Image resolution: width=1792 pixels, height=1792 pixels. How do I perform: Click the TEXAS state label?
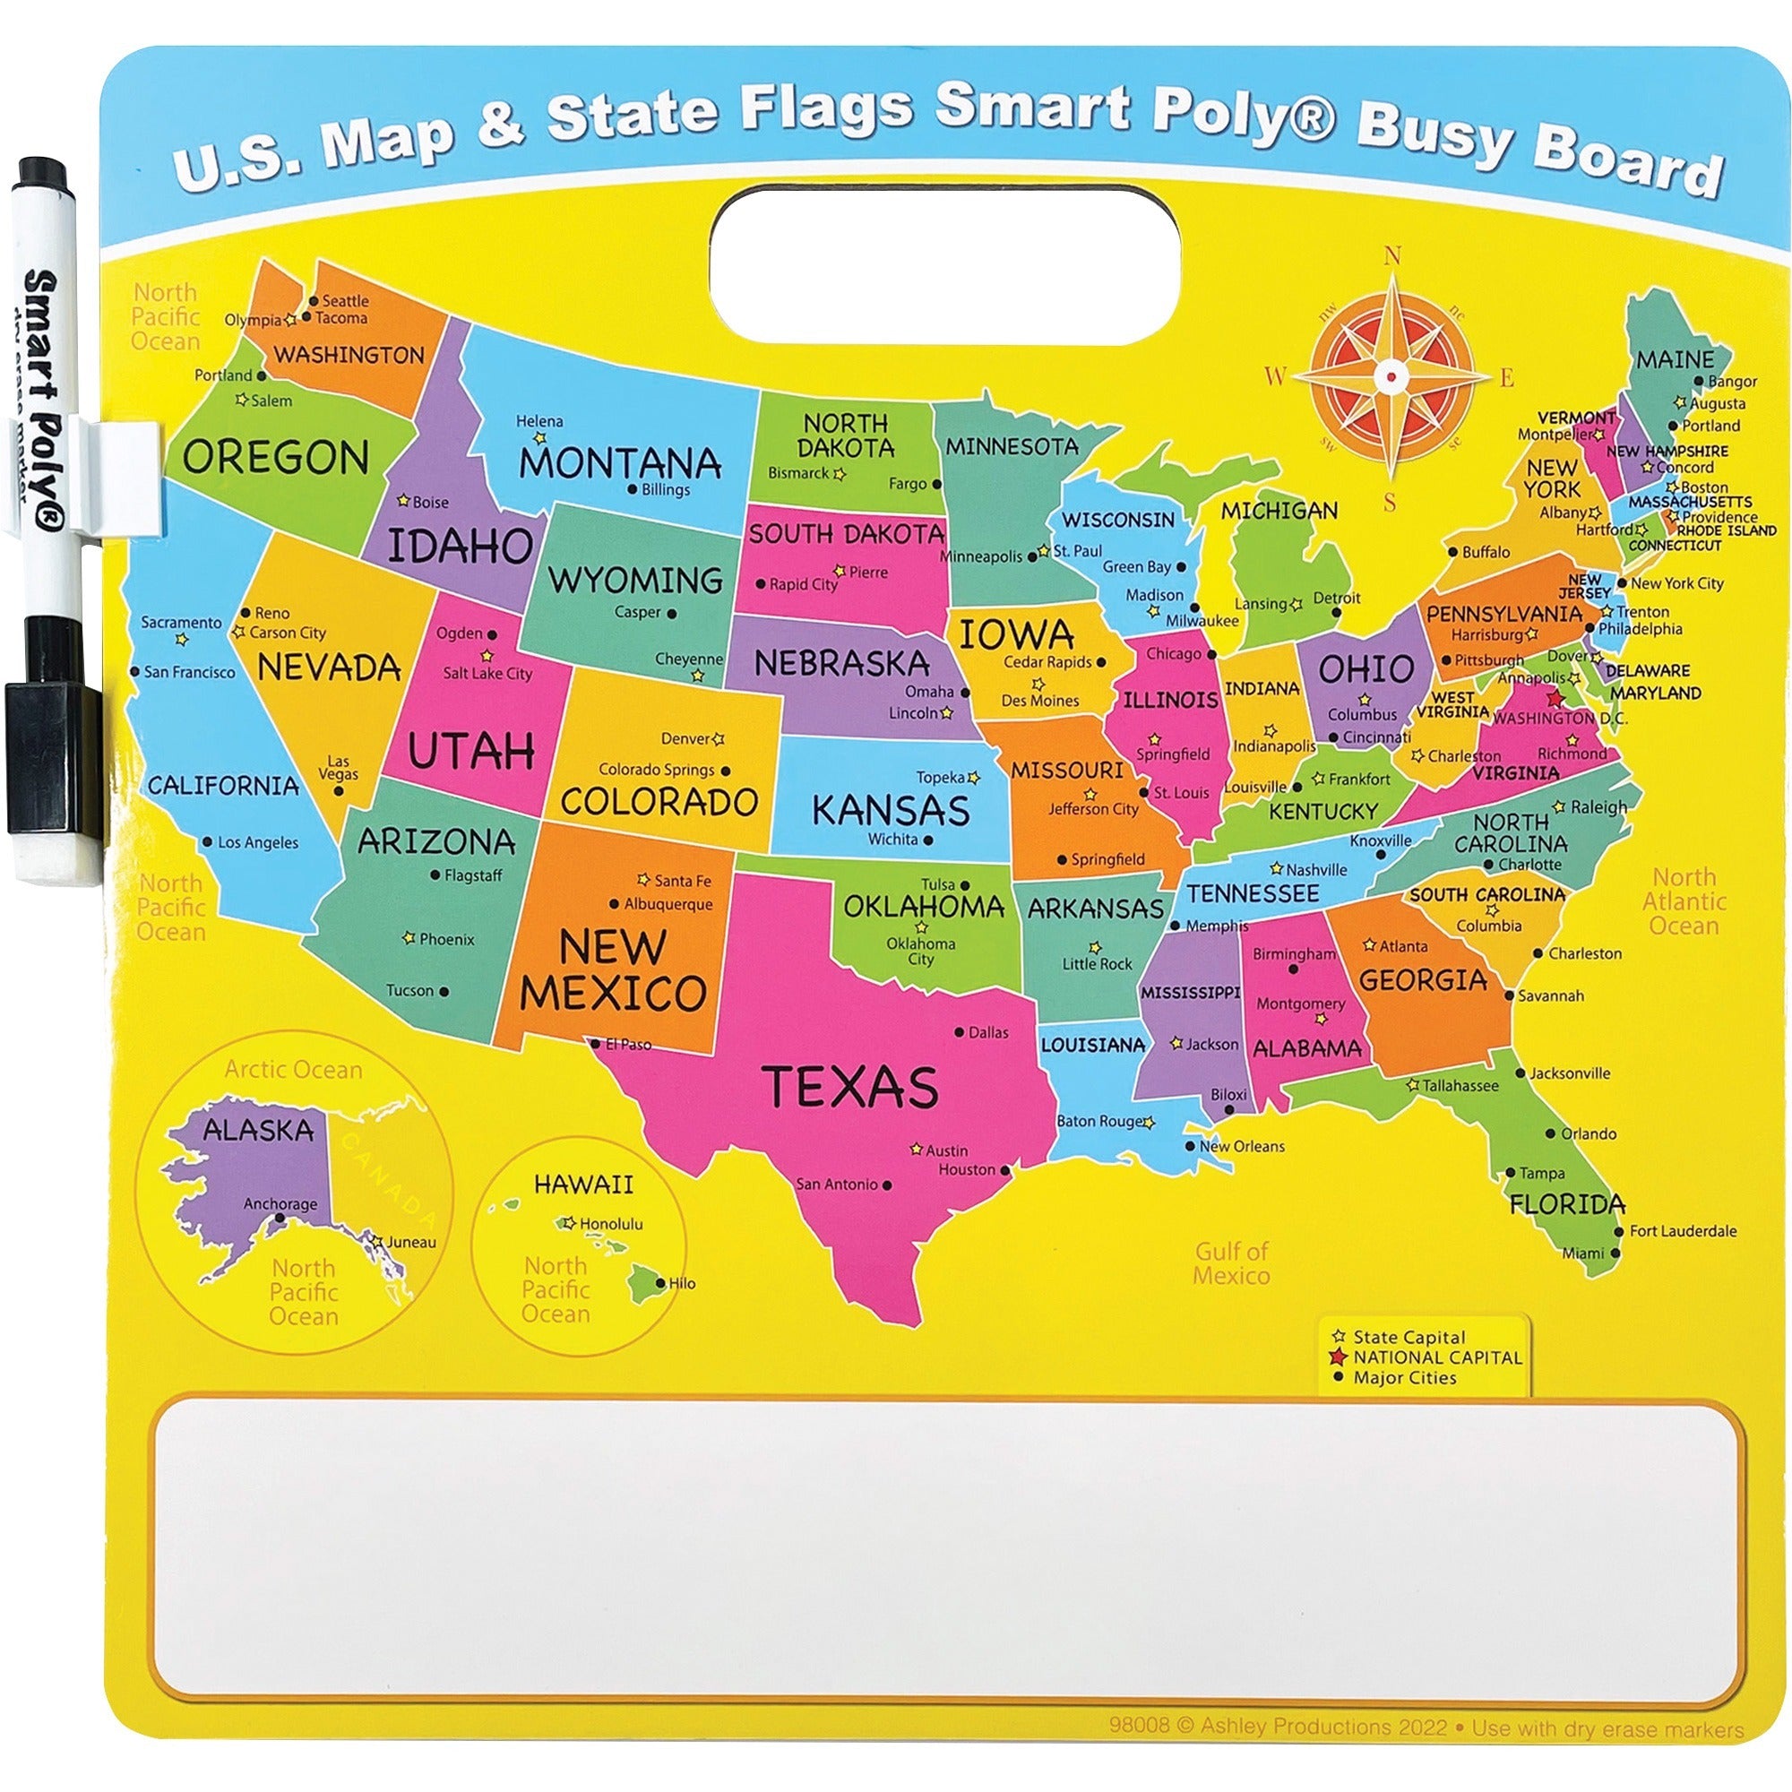849,1086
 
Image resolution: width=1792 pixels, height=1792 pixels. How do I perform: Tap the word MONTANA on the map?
620,463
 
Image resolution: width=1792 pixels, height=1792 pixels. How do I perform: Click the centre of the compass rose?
1391,375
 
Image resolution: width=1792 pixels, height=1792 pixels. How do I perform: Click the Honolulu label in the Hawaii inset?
610,1223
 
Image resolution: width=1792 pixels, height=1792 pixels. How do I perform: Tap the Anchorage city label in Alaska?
280,1204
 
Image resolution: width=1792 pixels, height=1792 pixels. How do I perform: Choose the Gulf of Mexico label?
1231,1262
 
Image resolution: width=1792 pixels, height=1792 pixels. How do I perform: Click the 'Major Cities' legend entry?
1404,1377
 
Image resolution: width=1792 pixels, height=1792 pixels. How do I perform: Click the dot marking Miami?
1615,1254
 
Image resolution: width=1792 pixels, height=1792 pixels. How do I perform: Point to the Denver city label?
685,739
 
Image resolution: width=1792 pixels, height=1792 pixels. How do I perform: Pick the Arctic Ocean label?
293,1070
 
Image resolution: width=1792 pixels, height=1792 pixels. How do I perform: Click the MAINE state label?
1675,359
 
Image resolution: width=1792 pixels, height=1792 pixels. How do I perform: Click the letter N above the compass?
1391,256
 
